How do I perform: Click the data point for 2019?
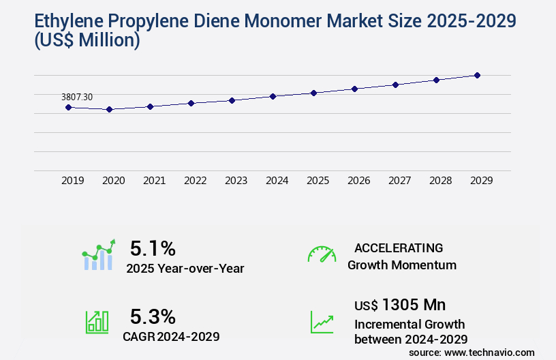[x=68, y=107]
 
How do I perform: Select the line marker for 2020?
[x=109, y=109]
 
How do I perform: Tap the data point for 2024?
[x=273, y=96]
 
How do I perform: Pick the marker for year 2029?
[x=477, y=75]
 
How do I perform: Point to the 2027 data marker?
[x=395, y=85]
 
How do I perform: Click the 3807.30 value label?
[x=76, y=97]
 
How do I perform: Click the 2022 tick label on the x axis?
[x=195, y=181]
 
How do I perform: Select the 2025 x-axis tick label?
[x=318, y=181]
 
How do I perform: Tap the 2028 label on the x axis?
[x=440, y=181]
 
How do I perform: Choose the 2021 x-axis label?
[x=154, y=181]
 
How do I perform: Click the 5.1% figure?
[x=153, y=247]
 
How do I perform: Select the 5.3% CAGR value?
[x=153, y=316]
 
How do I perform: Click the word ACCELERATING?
[x=399, y=247]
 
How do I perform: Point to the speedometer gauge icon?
[x=322, y=254]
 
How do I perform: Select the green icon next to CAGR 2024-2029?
[x=97, y=322]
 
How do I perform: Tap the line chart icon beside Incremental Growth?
[x=322, y=322]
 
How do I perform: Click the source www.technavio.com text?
[x=472, y=352]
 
